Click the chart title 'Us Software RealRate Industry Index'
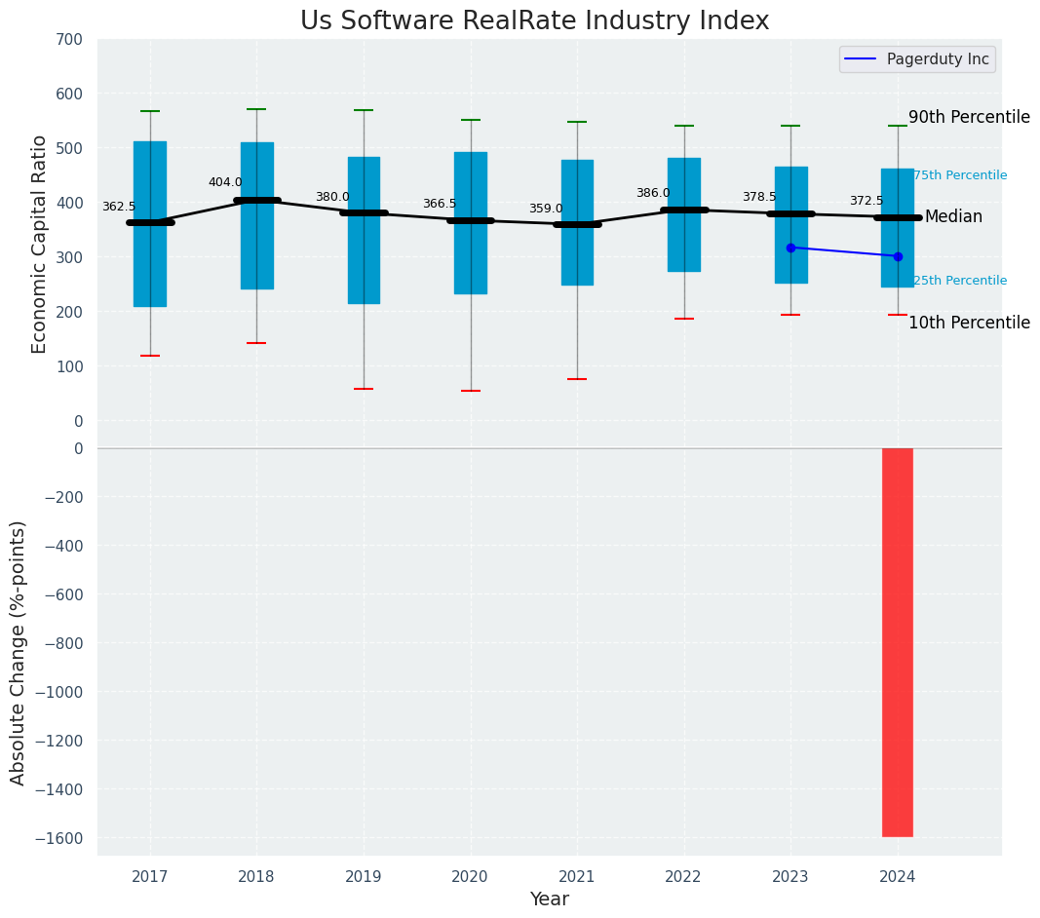(x=534, y=21)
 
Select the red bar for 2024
(x=898, y=642)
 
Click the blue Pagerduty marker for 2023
(x=790, y=248)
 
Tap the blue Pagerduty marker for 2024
(x=898, y=256)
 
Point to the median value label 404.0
(x=225, y=182)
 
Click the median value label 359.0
(x=546, y=209)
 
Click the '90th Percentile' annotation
(x=969, y=117)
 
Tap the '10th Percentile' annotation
(x=969, y=323)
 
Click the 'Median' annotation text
(x=953, y=216)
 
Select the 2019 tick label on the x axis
(x=364, y=876)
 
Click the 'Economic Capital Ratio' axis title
(x=40, y=244)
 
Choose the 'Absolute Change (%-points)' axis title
(x=19, y=652)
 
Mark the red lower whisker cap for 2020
(x=471, y=391)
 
